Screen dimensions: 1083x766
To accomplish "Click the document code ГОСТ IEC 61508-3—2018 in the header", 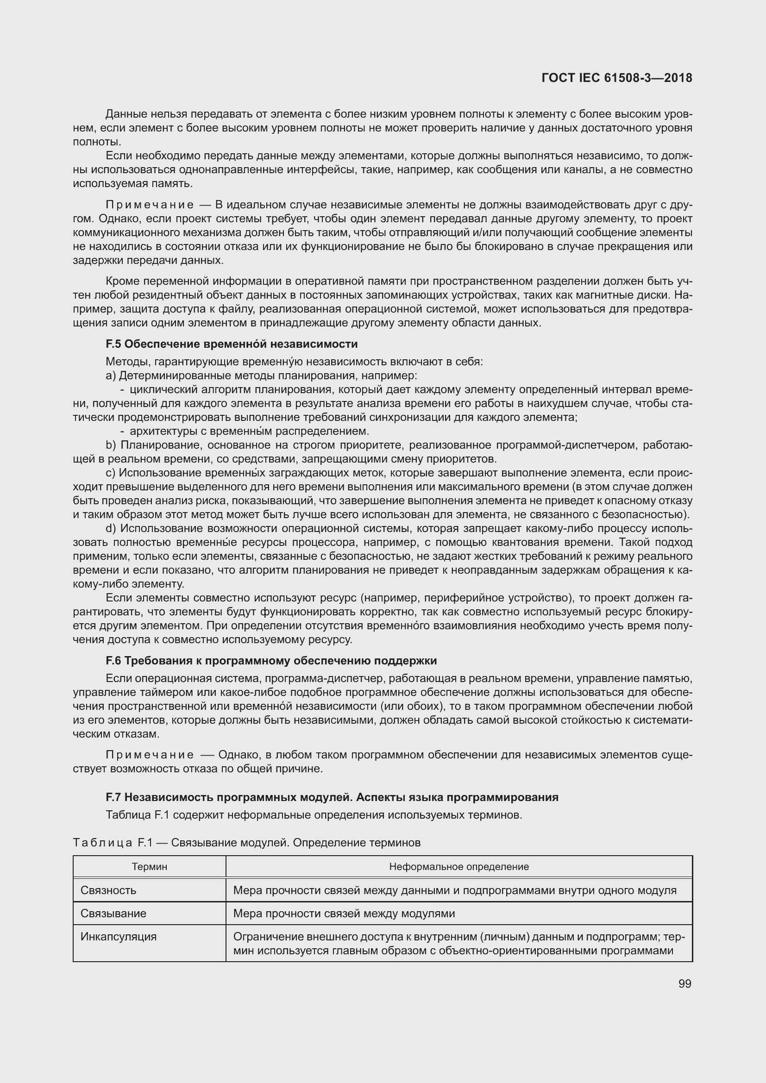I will pos(616,78).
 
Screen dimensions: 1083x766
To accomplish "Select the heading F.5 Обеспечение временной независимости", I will pos(231,344).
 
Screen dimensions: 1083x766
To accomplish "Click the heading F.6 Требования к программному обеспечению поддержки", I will pos(271,660).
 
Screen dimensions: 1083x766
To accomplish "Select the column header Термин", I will pos(149,866).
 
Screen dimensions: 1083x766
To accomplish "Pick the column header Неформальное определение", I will pos(458,866).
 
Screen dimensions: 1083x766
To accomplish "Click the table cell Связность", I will pos(108,890).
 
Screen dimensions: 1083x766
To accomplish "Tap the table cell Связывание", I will pos(113,913).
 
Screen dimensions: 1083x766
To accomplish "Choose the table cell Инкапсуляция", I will pos(118,936).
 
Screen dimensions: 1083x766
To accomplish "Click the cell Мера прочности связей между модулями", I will pos(344,913).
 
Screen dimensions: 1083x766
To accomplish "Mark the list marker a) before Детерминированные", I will pos(110,376).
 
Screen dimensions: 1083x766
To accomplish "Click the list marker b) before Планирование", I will pos(111,445).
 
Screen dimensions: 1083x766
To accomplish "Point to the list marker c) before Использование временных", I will pos(110,473).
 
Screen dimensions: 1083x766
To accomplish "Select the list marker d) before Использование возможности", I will pos(111,528).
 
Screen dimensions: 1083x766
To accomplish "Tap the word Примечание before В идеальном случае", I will pos(150,205).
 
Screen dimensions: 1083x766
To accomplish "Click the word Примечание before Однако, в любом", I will pos(150,755).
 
